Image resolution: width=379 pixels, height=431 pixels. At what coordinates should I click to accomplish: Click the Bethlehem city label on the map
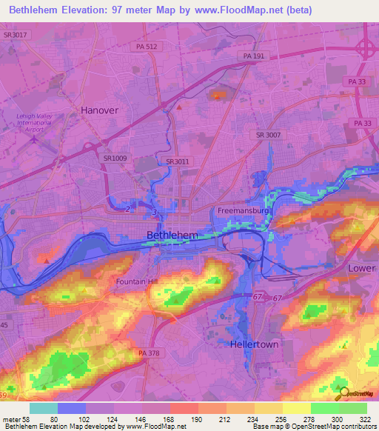click(172, 235)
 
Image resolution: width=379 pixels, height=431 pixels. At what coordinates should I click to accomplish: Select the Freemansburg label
click(244, 211)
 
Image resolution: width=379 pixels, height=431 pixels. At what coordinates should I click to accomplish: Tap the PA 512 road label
click(147, 46)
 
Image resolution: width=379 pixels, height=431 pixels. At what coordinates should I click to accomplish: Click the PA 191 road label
click(255, 56)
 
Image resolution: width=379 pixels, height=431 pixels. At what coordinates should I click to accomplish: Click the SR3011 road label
click(178, 161)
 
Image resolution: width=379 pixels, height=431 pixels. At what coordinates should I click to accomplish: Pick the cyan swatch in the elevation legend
click(44, 408)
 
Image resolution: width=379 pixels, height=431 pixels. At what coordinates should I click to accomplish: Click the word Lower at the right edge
click(362, 267)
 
